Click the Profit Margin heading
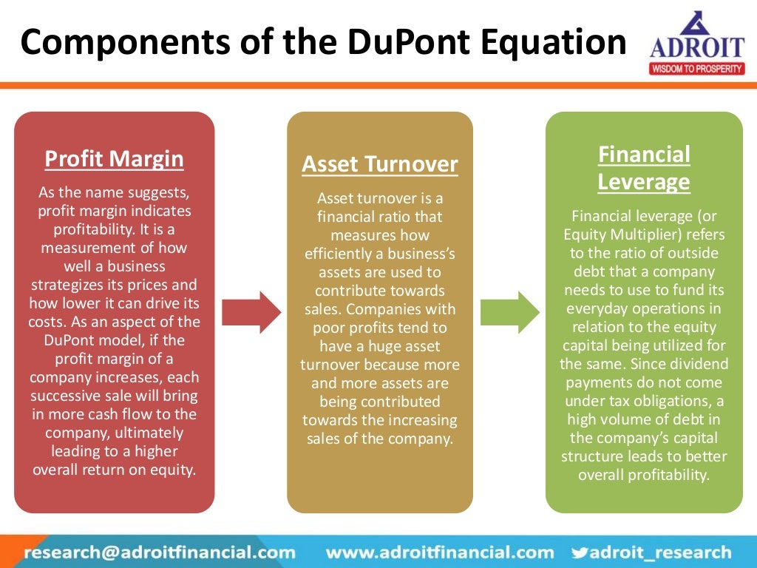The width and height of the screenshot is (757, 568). [x=114, y=159]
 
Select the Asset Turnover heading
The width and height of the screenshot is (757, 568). [x=380, y=164]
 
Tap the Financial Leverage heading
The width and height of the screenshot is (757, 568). [x=644, y=168]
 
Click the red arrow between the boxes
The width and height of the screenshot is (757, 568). [x=251, y=312]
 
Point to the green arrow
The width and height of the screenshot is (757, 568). [x=510, y=312]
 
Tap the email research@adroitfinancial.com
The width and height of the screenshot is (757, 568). [x=160, y=552]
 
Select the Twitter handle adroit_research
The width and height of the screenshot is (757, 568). [x=660, y=552]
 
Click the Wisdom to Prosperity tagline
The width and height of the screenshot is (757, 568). [x=697, y=69]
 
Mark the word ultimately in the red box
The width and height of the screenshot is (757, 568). [x=145, y=432]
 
